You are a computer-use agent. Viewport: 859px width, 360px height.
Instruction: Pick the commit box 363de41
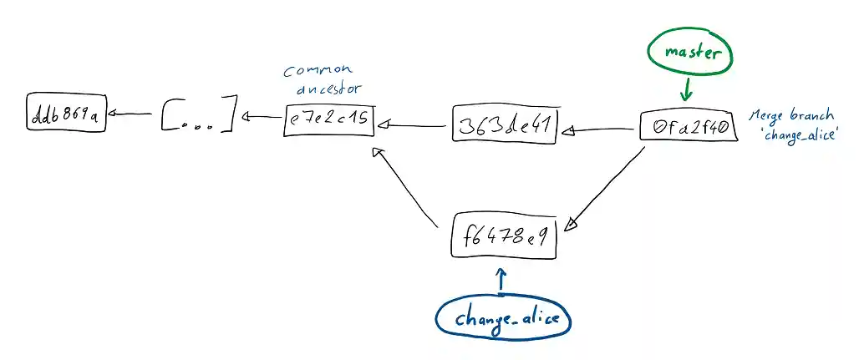click(x=505, y=125)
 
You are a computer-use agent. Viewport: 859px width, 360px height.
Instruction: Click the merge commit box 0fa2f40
click(x=689, y=127)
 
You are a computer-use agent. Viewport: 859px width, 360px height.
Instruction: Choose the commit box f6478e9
click(x=503, y=236)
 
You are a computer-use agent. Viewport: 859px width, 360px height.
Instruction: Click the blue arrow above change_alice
click(x=501, y=279)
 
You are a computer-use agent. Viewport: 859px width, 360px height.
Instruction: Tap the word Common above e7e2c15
click(x=318, y=70)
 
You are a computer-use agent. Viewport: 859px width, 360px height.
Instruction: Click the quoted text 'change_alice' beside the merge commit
click(x=800, y=134)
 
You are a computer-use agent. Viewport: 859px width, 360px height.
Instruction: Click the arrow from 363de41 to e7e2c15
click(x=414, y=125)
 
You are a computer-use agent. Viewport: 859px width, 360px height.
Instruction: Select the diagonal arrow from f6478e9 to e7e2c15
click(x=408, y=188)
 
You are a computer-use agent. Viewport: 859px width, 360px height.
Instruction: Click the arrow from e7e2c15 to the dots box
click(x=262, y=117)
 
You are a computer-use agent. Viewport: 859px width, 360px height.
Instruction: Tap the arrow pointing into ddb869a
click(x=130, y=114)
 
